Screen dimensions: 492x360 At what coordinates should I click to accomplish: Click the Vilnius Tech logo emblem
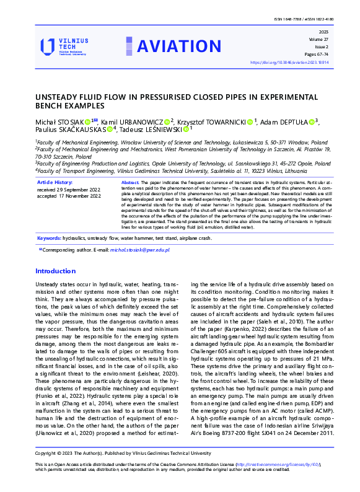click(48, 46)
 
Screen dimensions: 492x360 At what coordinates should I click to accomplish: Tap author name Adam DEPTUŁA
click(289, 122)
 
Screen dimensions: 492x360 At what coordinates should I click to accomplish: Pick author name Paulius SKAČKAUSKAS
click(70, 130)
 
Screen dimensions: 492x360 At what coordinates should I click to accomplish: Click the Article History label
click(55, 182)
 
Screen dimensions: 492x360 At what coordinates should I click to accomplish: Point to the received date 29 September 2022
click(69, 189)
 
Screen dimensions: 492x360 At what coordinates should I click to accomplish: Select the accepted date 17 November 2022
click(69, 196)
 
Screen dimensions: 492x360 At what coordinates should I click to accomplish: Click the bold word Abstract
click(130, 183)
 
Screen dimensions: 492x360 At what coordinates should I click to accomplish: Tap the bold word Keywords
click(49, 238)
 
